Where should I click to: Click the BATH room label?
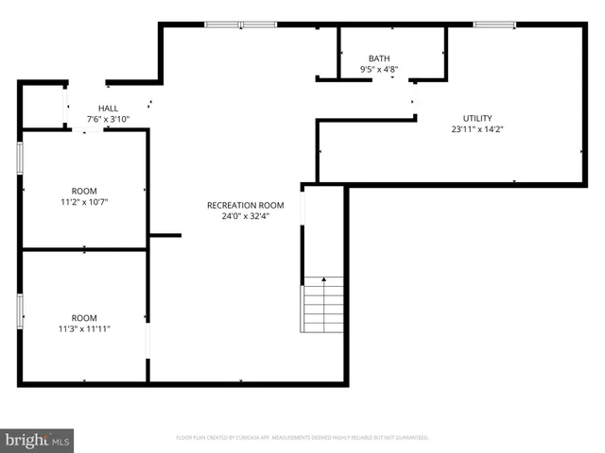click(x=378, y=58)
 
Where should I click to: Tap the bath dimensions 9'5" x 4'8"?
click(x=378, y=69)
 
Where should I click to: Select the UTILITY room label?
click(x=476, y=118)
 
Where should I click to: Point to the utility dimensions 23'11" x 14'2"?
click(x=476, y=130)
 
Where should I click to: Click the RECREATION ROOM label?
click(x=246, y=205)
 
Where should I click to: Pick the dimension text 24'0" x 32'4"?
click(x=246, y=216)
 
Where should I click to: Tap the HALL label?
click(x=108, y=109)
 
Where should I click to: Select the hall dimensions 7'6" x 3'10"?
click(x=108, y=120)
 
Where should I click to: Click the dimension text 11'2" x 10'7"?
click(x=84, y=202)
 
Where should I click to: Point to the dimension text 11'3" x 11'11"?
click(x=84, y=329)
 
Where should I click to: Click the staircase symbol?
click(x=322, y=304)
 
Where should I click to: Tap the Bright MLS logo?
click(x=38, y=440)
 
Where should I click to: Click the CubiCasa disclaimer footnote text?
click(x=302, y=438)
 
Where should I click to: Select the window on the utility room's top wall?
click(x=493, y=25)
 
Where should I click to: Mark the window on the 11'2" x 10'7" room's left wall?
click(x=20, y=158)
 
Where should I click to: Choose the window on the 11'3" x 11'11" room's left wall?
click(x=20, y=311)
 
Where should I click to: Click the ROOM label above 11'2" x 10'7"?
click(x=84, y=191)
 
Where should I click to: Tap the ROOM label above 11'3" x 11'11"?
click(x=84, y=318)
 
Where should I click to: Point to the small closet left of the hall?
click(x=42, y=106)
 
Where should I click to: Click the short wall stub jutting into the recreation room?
click(x=164, y=235)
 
